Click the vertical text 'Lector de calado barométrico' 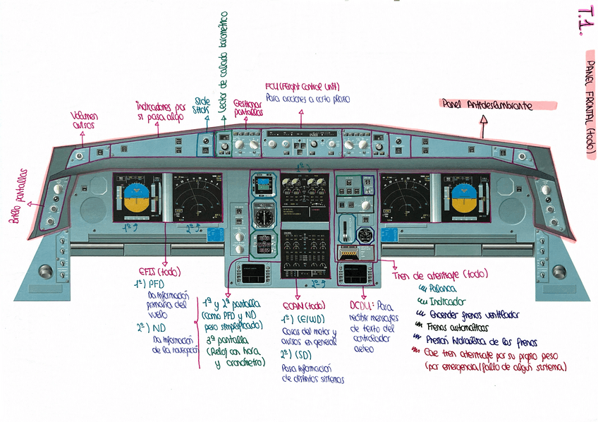point(224,64)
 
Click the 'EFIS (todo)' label point(155,271)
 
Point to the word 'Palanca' point(442,289)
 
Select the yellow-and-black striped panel point(350,255)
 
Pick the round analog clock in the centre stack point(264,217)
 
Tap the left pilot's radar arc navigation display point(195,200)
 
